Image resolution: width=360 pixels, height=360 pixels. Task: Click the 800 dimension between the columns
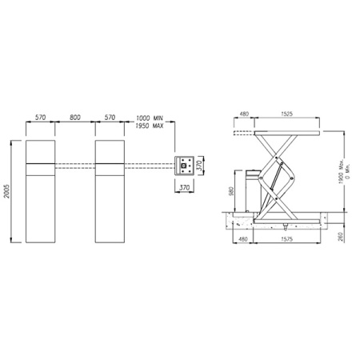point(75,118)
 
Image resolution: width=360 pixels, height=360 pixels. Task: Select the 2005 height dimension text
point(7,191)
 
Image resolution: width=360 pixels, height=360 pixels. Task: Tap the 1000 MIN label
point(150,118)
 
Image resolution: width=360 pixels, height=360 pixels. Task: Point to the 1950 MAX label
point(150,126)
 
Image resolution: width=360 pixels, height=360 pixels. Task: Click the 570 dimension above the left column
point(41,118)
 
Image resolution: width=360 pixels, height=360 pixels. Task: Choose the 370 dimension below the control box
point(184,187)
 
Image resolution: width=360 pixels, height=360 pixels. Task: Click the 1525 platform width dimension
point(286,114)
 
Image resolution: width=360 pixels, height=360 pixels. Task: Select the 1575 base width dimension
point(287,239)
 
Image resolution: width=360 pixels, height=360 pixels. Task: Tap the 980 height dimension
point(231,191)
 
